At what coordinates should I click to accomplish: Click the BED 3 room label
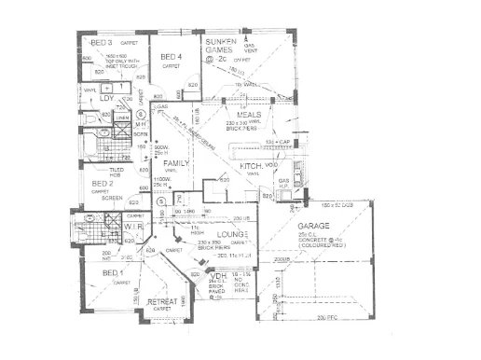click(x=101, y=43)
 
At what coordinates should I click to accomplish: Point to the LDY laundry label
click(x=106, y=97)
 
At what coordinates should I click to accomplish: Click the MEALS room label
click(x=248, y=114)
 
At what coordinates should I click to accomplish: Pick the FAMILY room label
click(x=177, y=162)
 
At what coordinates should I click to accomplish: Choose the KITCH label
click(x=251, y=165)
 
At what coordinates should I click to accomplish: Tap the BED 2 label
click(x=103, y=185)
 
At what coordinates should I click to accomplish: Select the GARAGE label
click(x=314, y=227)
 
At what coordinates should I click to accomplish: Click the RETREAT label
click(x=162, y=301)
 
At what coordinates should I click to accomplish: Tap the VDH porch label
click(x=219, y=278)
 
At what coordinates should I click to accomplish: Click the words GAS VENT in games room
click(x=250, y=48)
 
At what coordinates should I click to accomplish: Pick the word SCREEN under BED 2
click(x=112, y=198)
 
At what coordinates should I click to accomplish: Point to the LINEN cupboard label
click(x=110, y=118)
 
